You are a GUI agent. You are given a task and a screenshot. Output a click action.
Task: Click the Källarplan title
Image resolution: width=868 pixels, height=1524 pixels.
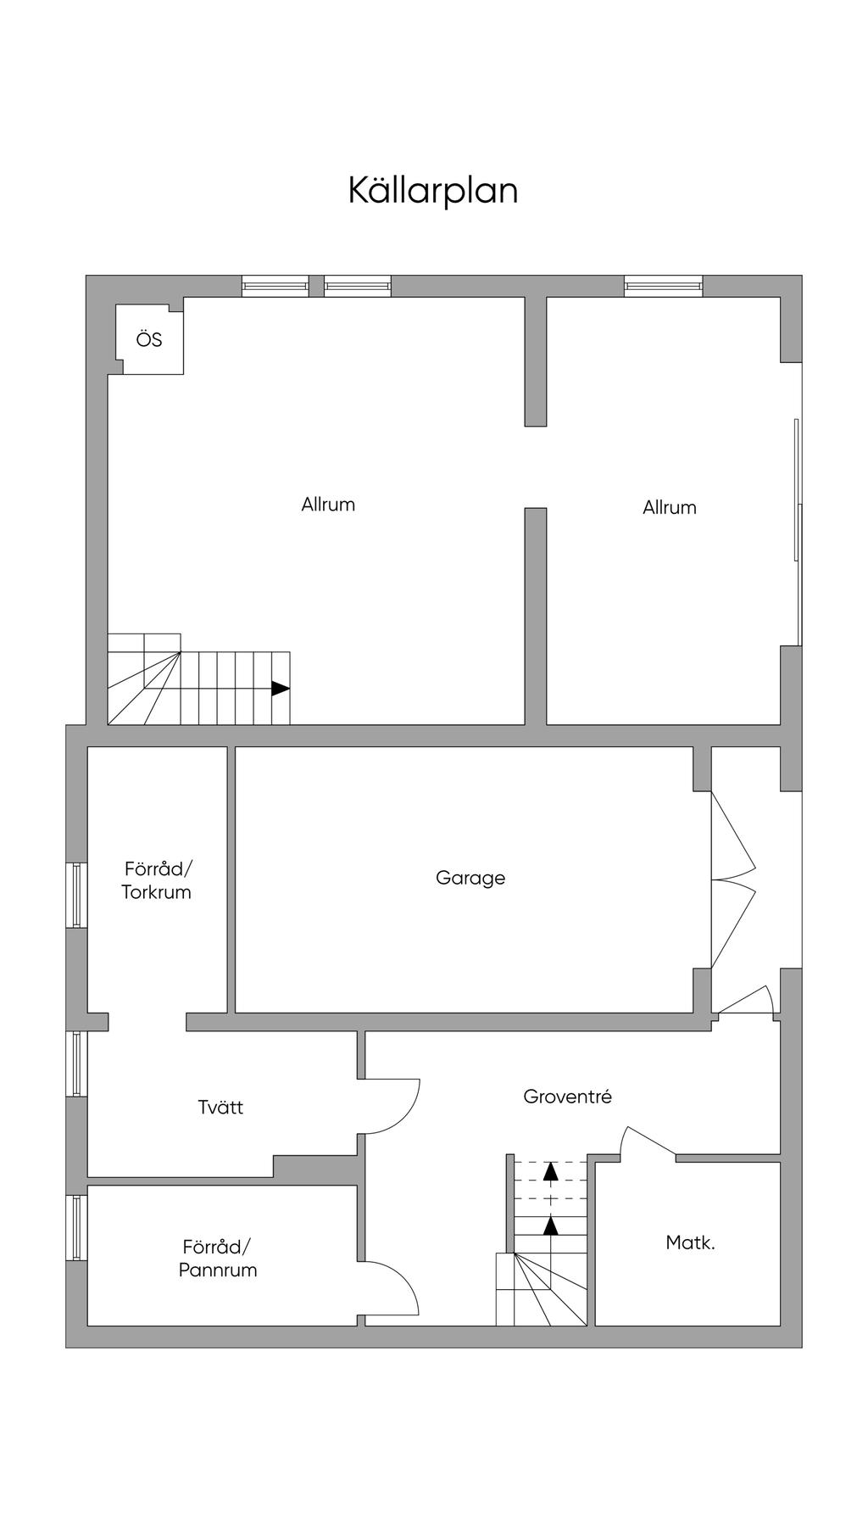[433, 191]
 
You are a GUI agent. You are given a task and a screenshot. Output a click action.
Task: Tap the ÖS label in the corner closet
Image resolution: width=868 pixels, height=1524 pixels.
[149, 340]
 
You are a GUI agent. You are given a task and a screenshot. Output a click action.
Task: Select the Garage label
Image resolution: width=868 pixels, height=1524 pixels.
[470, 878]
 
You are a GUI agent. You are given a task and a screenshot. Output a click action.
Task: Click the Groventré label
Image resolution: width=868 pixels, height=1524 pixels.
[567, 1097]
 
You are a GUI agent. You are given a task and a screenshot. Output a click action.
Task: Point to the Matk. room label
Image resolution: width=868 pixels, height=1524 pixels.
[690, 1243]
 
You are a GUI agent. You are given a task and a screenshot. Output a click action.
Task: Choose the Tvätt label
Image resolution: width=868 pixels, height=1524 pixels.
[220, 1107]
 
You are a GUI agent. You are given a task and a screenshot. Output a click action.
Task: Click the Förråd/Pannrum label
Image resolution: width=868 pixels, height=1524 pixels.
[218, 1259]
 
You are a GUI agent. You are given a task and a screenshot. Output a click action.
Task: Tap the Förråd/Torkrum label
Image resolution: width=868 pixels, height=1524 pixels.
[157, 880]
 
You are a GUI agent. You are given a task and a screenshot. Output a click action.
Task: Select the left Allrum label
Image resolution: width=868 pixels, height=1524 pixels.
[328, 505]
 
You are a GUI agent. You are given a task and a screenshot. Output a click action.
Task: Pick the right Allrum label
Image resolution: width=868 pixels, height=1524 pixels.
[670, 507]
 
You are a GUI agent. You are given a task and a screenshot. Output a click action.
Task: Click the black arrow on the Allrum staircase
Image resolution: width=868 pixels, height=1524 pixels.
[280, 689]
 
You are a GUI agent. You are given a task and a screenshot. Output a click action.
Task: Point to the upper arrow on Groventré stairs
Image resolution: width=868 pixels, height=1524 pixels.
[551, 1171]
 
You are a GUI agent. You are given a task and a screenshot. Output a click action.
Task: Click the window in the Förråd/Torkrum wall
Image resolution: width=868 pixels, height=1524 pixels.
[77, 895]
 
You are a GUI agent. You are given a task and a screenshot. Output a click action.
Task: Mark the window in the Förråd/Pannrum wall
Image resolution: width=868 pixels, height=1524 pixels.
[77, 1227]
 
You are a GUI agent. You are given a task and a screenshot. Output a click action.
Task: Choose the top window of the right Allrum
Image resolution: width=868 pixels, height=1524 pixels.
[664, 286]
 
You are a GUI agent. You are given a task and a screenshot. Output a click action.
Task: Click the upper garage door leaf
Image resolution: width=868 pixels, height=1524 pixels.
[732, 835]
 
